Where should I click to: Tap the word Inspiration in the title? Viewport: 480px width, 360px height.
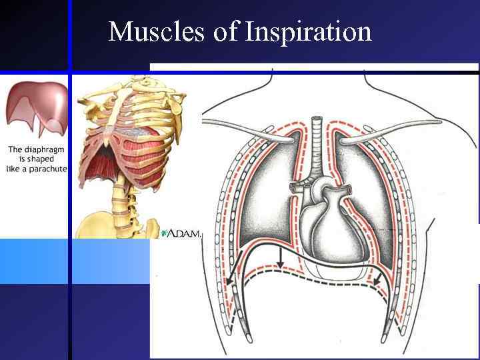308,32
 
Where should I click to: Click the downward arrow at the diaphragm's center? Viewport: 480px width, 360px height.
281,259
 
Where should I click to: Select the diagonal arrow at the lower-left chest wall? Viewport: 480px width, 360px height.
233,277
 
